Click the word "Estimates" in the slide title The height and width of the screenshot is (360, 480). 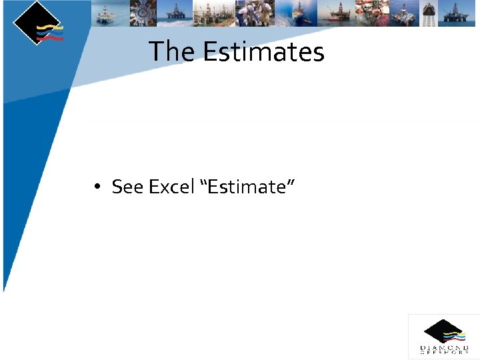click(263, 51)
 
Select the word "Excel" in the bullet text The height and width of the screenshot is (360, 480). click(171, 187)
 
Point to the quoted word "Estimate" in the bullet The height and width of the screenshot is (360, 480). click(247, 187)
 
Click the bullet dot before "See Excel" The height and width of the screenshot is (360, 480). click(97, 187)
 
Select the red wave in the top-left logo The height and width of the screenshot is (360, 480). click(51, 39)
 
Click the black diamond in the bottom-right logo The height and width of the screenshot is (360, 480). click(441, 331)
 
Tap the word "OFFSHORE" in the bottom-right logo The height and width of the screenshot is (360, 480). click(444, 353)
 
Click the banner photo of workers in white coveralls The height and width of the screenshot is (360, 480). click(255, 13)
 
